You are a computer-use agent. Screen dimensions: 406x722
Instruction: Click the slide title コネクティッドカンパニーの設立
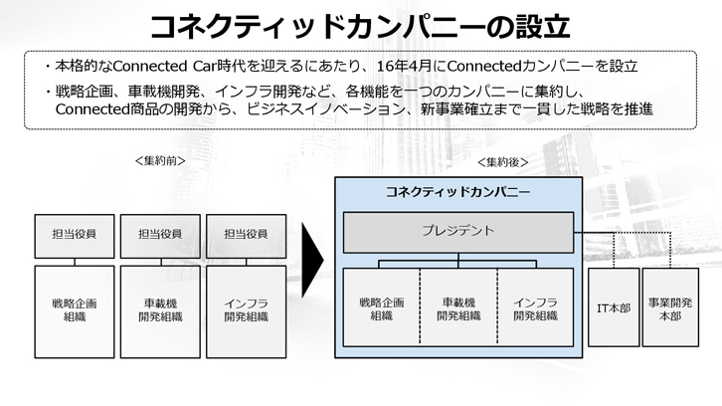360,24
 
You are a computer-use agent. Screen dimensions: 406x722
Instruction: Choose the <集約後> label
502,161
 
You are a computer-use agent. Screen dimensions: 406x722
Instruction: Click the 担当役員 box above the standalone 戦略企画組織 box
75,235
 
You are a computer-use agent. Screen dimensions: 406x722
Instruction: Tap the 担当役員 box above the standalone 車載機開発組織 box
160,235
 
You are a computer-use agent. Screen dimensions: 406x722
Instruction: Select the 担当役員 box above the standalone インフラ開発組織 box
246,235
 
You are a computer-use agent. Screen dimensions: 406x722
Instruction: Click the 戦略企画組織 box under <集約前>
75,309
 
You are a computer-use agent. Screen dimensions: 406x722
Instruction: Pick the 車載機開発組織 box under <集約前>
160,309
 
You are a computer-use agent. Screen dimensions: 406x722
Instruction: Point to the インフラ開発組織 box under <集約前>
246,309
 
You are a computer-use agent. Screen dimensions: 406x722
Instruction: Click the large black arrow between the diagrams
311,267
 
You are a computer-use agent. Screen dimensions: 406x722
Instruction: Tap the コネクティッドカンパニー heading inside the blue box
458,192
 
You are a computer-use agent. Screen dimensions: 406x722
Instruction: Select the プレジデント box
458,232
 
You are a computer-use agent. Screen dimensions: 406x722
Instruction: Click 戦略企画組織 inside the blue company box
381,308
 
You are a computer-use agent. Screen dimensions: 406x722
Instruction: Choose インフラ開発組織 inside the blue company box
536,308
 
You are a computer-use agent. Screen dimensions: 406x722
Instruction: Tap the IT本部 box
613,308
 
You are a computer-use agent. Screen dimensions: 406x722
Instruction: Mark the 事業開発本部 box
671,308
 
